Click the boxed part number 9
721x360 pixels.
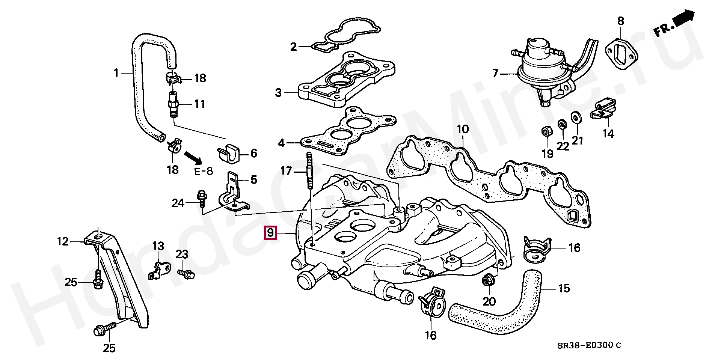271,233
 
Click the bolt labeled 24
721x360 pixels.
201,198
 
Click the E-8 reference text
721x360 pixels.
204,172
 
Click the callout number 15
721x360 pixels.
564,288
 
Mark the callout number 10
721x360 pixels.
463,129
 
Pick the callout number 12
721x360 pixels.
63,241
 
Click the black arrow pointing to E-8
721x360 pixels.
193,157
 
